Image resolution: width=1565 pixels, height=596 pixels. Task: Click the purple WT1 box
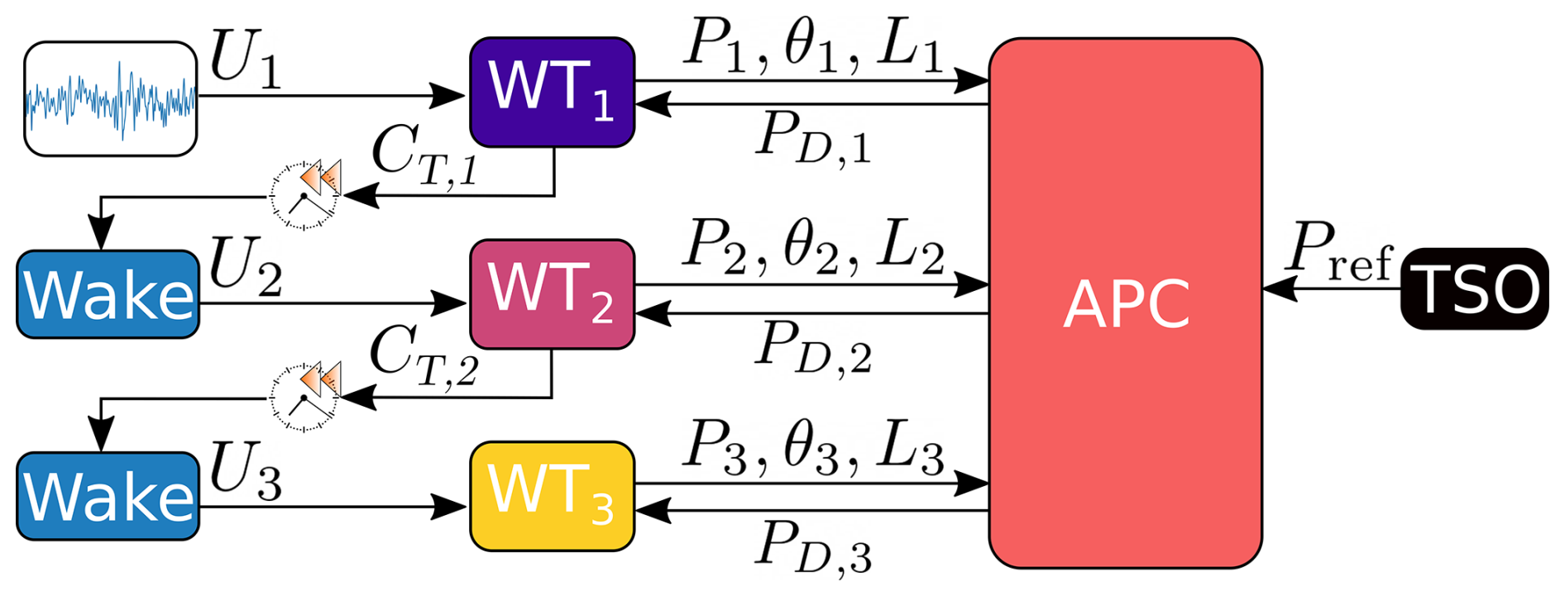[552, 92]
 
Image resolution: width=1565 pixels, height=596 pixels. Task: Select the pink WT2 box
[552, 294]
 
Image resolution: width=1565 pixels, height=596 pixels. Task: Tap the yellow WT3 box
[552, 496]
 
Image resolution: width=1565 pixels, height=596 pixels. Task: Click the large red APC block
[1125, 303]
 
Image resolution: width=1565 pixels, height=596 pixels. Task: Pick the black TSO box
[1474, 288]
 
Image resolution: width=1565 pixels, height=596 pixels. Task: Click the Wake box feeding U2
[108, 294]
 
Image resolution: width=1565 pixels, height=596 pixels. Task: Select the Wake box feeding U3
[108, 496]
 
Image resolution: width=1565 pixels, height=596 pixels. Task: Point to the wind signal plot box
[110, 98]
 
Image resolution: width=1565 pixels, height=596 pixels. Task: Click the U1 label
[245, 60]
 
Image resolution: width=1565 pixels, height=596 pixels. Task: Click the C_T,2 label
[423, 356]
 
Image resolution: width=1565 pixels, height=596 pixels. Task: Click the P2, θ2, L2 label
[814, 246]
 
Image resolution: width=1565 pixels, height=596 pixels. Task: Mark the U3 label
[245, 471]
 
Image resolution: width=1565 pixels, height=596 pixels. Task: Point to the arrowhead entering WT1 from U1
[452, 96]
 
